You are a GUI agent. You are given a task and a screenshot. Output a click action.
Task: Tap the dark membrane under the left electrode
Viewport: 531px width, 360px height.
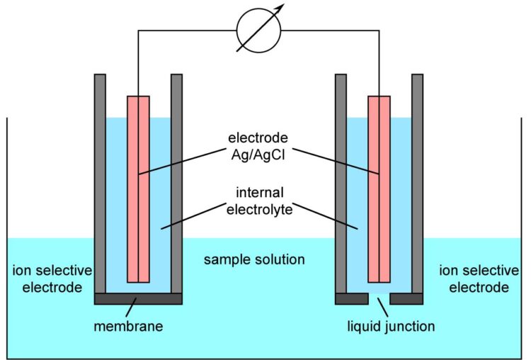pos(138,298)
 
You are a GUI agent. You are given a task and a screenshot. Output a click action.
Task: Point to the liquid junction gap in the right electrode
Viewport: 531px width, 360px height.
pos(379,298)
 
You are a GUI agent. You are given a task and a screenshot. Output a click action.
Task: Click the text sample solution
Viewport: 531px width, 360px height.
pos(254,259)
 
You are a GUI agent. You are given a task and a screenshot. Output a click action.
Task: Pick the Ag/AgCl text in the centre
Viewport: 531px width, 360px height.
pos(258,152)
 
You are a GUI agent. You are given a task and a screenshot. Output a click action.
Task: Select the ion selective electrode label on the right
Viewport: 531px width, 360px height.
pos(474,279)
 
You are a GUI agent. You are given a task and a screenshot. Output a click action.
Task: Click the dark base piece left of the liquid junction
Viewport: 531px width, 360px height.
pos(352,298)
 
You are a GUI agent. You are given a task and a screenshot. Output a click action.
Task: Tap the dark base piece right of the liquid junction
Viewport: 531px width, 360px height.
pos(406,298)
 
